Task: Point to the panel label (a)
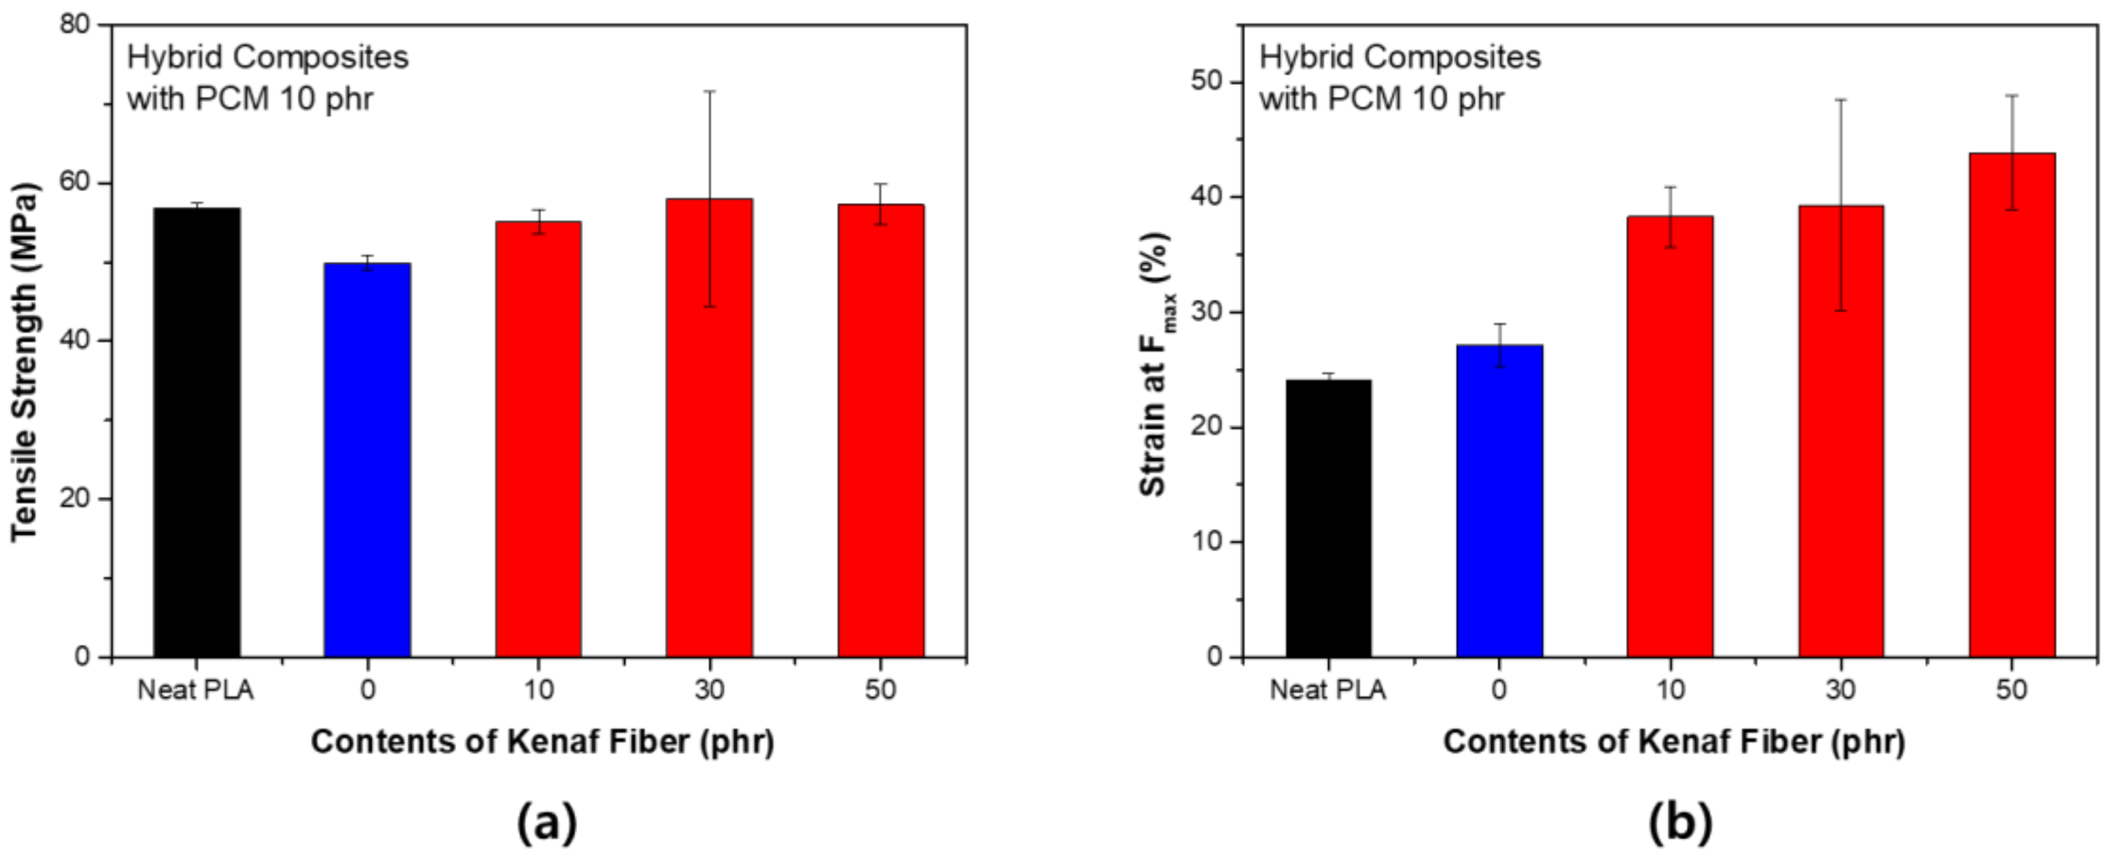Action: pos(546,822)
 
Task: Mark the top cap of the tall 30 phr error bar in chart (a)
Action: pos(709,91)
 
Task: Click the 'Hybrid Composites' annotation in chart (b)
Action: pos(1399,57)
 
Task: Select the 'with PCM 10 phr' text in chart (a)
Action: pos(250,99)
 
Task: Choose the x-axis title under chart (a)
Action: pos(542,742)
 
